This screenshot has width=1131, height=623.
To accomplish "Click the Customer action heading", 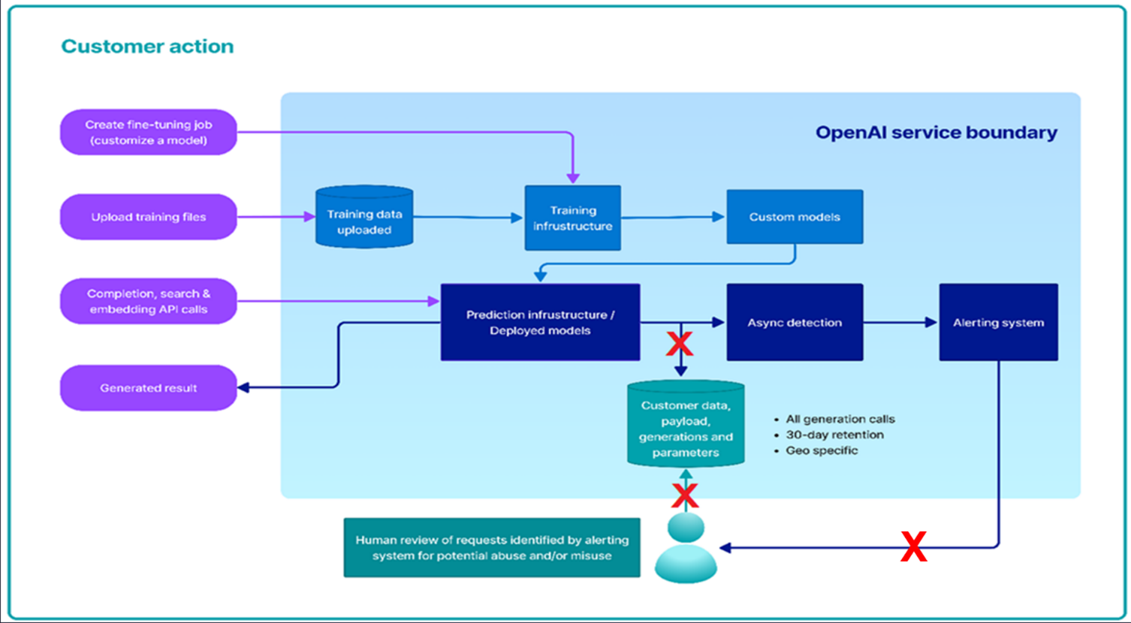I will pos(147,47).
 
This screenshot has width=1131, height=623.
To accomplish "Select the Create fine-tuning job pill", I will pos(149,133).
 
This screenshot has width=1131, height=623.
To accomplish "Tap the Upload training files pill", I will pos(149,217).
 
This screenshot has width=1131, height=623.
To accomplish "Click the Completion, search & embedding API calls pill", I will pos(149,302).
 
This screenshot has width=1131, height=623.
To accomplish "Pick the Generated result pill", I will pos(149,388).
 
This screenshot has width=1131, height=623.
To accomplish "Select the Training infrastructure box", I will pos(573,218).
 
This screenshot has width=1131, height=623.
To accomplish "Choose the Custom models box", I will pos(795,217).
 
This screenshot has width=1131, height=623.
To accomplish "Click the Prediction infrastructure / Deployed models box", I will pos(540,323).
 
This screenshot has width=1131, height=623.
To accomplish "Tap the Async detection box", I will pos(795,323).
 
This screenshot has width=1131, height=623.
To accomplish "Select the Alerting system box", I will pos(998,323).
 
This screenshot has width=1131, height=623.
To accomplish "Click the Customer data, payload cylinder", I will pos(686,428).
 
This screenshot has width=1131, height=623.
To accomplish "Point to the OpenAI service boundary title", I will pos(936,133).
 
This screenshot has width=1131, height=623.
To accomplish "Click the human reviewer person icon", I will pos(686,548).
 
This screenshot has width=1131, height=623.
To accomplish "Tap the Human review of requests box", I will pos(492,548).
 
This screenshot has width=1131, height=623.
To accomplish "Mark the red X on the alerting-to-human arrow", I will pos(913,547).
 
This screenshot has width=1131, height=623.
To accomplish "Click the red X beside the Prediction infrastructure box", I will pos(679,344).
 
